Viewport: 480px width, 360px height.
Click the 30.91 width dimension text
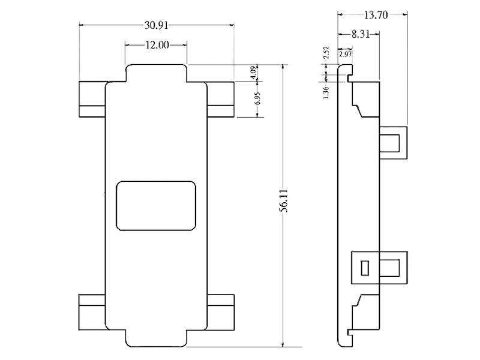coord(157,25)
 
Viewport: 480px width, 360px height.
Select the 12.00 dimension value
coord(156,45)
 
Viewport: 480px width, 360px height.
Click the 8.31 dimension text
coord(360,35)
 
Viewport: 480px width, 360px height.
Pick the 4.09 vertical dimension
coord(254,72)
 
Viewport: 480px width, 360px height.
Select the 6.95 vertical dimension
coord(257,99)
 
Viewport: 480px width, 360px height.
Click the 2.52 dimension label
coord(326,53)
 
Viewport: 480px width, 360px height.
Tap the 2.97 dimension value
coord(345,55)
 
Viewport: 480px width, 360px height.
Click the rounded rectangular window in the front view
coord(156,205)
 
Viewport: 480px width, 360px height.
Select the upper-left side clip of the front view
coord(92,98)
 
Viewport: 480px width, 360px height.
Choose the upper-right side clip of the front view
coord(221,98)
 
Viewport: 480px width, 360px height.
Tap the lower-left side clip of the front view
coord(92,311)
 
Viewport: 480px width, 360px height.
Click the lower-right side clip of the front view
coord(221,311)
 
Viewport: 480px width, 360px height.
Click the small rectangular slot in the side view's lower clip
coord(364,267)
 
